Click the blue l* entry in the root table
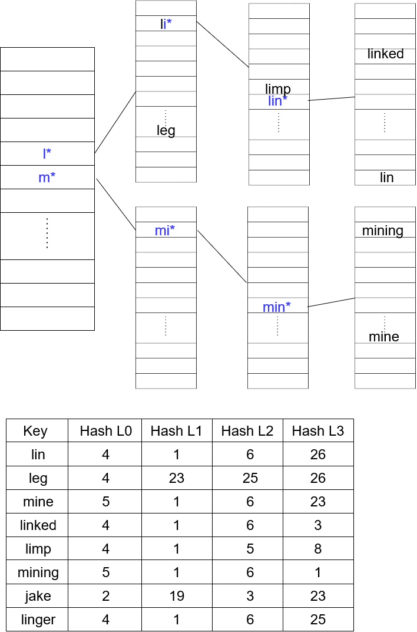click(x=47, y=154)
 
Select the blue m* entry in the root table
click(x=47, y=177)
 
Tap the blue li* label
click(x=166, y=24)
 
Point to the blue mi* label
click(x=165, y=231)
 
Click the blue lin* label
click(x=277, y=101)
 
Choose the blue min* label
click(x=277, y=307)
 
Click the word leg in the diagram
click(x=166, y=130)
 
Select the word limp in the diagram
click(x=278, y=89)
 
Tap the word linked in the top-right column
click(x=385, y=54)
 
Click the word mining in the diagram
click(x=383, y=231)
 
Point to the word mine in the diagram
click(x=384, y=337)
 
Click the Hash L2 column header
click(x=247, y=431)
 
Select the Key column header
click(x=35, y=431)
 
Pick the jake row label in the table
click(x=38, y=596)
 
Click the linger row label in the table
click(x=38, y=620)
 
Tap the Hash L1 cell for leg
click(x=177, y=478)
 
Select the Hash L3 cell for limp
click(x=318, y=549)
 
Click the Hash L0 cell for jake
click(x=105, y=596)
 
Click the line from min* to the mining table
click(x=332, y=302)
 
